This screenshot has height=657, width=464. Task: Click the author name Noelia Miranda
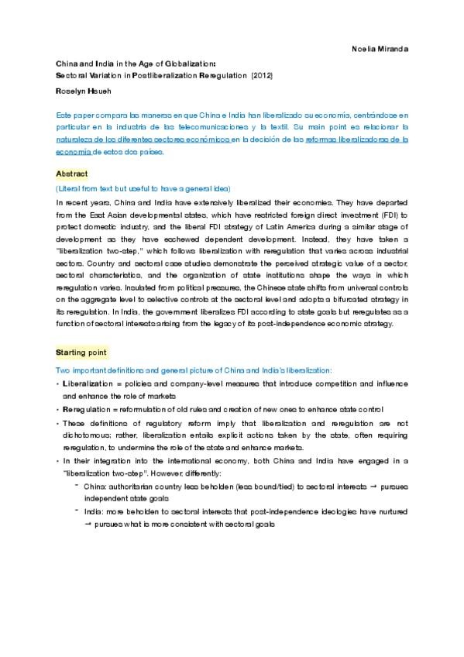pyautogui.click(x=380, y=49)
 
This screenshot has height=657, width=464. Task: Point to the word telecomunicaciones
pyautogui.click(x=219, y=126)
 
